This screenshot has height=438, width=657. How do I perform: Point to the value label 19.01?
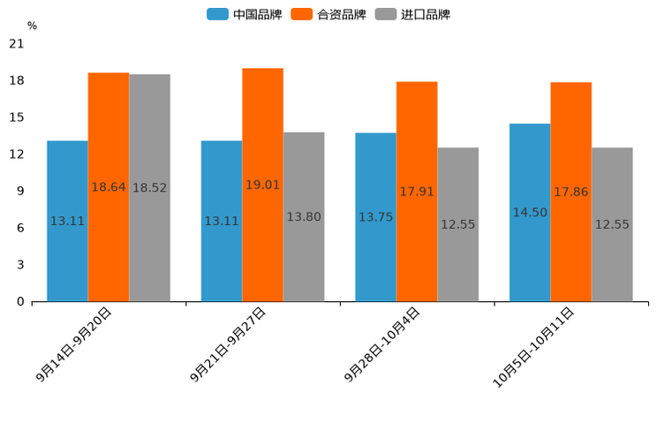[x=262, y=185]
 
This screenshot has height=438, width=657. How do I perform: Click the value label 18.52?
[x=149, y=187]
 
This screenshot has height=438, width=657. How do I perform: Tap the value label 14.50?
[x=530, y=212]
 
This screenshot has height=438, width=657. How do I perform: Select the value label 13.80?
[x=304, y=216]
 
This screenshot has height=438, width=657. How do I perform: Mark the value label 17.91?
[x=417, y=191]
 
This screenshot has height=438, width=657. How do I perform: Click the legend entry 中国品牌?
[x=245, y=14]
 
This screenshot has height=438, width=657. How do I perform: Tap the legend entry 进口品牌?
[x=412, y=14]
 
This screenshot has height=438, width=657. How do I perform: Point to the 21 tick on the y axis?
[x=17, y=43]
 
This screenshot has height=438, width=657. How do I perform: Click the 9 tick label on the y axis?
[x=20, y=191]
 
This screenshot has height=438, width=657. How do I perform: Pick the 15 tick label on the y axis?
[x=17, y=117]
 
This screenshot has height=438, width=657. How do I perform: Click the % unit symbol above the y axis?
[x=32, y=26]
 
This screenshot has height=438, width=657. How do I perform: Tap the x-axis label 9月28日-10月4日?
[x=382, y=344]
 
